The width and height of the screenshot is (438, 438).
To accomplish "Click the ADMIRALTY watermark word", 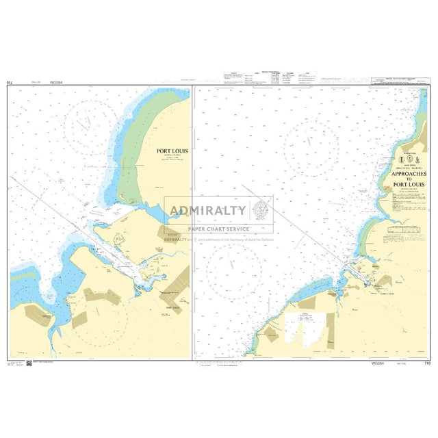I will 211,210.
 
